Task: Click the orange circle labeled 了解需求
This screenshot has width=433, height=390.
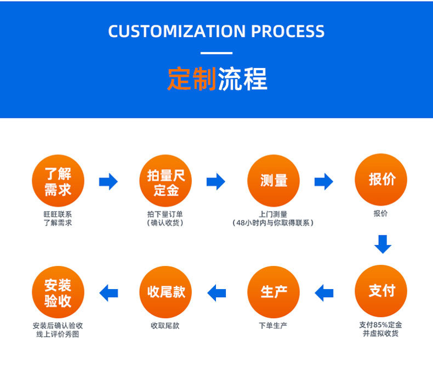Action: click(x=58, y=181)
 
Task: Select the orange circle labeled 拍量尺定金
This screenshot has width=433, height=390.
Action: click(x=166, y=181)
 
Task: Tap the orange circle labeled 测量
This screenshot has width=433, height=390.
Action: click(x=274, y=181)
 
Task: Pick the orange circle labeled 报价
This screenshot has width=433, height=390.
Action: click(x=381, y=180)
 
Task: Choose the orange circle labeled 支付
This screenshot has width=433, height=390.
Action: click(x=381, y=291)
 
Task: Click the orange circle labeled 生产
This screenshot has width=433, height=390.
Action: click(x=274, y=292)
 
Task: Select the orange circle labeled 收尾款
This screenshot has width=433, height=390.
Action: click(x=166, y=292)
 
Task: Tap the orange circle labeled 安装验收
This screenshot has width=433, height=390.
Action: click(x=58, y=292)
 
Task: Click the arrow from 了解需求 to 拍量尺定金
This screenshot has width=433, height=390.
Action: click(x=109, y=181)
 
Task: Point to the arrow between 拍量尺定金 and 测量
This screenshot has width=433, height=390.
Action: click(x=216, y=181)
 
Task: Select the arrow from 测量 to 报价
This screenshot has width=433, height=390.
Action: click(x=324, y=181)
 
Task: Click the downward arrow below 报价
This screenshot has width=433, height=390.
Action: click(x=383, y=244)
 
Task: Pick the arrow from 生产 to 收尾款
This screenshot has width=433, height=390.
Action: click(x=216, y=292)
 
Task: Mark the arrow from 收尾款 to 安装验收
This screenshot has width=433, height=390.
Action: click(x=109, y=292)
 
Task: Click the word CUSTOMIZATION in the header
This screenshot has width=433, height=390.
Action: click(x=176, y=31)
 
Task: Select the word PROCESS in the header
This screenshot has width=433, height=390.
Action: click(x=288, y=31)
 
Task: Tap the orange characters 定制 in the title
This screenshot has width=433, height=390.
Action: click(x=191, y=80)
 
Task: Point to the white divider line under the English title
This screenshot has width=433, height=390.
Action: click(x=216, y=53)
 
